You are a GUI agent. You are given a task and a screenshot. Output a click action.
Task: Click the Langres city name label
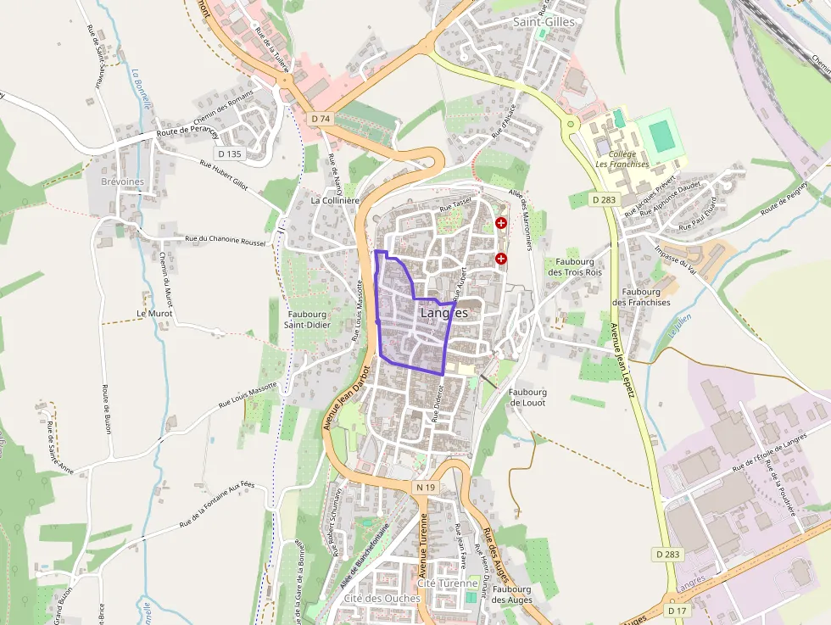click(x=444, y=313)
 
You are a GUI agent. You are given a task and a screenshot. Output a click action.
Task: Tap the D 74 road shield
click(x=320, y=119)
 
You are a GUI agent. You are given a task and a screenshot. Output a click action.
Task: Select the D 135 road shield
click(x=230, y=153)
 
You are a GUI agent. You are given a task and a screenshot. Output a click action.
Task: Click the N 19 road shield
click(x=426, y=488)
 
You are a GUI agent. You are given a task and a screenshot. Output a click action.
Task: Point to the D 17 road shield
click(x=676, y=610)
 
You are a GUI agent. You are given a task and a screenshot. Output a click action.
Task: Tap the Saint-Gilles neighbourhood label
click(x=544, y=22)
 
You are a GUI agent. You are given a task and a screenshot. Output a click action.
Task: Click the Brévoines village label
click(x=123, y=182)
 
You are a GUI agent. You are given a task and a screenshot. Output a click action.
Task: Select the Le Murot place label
click(x=154, y=313)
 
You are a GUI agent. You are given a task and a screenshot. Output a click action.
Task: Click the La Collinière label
click(x=337, y=201)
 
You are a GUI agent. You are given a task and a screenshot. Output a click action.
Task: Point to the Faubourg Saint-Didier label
click(x=306, y=319)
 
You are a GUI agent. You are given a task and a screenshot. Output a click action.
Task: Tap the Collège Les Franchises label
click(x=622, y=159)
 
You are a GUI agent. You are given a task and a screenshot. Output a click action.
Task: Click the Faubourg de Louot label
click(x=527, y=397)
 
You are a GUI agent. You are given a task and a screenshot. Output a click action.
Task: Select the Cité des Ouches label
click(x=382, y=598)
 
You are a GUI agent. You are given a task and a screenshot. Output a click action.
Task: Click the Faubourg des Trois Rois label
click(x=575, y=267)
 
